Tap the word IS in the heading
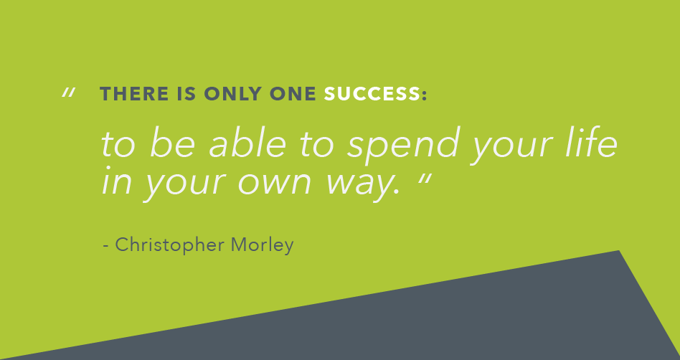[x=186, y=94]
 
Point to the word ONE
[x=293, y=94]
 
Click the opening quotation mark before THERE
[x=69, y=93]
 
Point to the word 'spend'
[x=403, y=146]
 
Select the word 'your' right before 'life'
[x=512, y=148]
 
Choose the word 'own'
[x=275, y=184]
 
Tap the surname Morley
[x=263, y=245]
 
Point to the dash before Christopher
[x=106, y=247]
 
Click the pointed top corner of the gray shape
[x=618, y=251]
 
